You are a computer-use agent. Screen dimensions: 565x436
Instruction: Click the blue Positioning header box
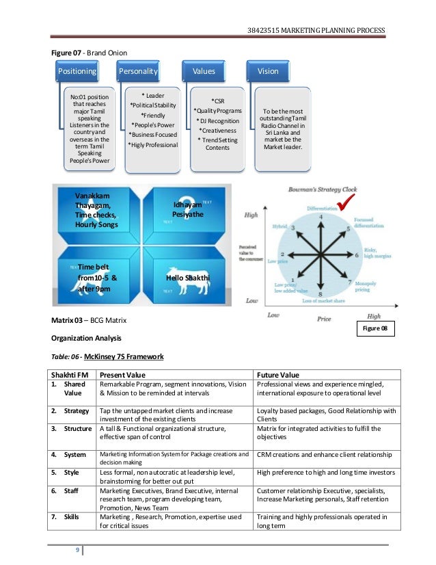point(77,71)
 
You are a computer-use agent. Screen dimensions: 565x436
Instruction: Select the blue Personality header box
point(138,71)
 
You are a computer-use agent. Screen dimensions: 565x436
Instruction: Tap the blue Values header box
point(203,71)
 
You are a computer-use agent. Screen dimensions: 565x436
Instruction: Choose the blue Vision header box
point(268,71)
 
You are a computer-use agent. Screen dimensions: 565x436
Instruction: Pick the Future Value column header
point(279,375)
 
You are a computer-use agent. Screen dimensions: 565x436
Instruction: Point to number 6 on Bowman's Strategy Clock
point(356,255)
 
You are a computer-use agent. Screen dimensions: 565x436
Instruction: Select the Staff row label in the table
point(72,490)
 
